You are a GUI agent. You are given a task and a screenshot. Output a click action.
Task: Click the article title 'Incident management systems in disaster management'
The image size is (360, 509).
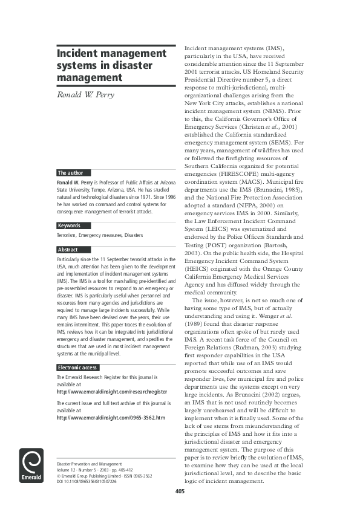point(111,65)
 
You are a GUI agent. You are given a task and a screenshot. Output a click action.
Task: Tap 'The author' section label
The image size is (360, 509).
point(70,173)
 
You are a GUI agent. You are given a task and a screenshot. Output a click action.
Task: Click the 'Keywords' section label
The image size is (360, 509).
point(69,225)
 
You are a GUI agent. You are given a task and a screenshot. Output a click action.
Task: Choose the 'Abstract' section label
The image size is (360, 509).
point(67,250)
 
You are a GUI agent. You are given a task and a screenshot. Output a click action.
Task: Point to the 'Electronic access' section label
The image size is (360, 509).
point(77,368)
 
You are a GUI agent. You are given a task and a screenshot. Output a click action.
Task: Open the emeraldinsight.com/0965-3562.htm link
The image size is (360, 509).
point(110,417)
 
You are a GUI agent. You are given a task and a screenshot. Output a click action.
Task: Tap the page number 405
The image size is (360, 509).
point(180,491)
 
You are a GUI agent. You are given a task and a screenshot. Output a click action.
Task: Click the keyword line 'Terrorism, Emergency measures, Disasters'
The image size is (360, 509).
point(99,235)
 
